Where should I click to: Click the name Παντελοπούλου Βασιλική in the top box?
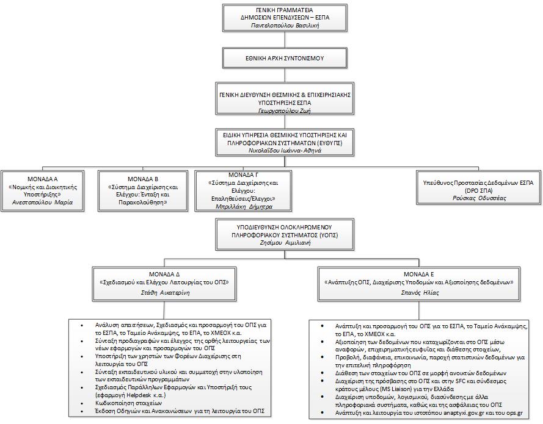click(285, 25)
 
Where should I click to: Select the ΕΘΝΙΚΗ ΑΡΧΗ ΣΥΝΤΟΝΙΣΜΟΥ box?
click(285, 58)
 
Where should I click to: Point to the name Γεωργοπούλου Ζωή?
click(285, 110)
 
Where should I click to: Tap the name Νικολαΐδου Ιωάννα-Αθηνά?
click(285, 151)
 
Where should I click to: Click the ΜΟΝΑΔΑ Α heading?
click(43, 179)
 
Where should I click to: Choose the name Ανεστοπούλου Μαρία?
click(43, 203)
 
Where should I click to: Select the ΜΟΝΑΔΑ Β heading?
click(143, 179)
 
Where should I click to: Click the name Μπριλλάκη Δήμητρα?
click(244, 207)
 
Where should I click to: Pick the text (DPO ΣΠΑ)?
click(479, 190)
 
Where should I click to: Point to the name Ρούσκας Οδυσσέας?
click(479, 198)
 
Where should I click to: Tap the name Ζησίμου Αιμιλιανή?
click(285, 242)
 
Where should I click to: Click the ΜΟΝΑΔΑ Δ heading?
click(164, 275)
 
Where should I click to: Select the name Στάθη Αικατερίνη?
click(165, 293)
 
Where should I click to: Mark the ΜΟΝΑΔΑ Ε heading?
click(418, 275)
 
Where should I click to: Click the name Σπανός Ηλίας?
click(420, 293)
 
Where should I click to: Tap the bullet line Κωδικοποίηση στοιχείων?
click(128, 403)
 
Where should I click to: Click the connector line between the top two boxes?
click(285, 40)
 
